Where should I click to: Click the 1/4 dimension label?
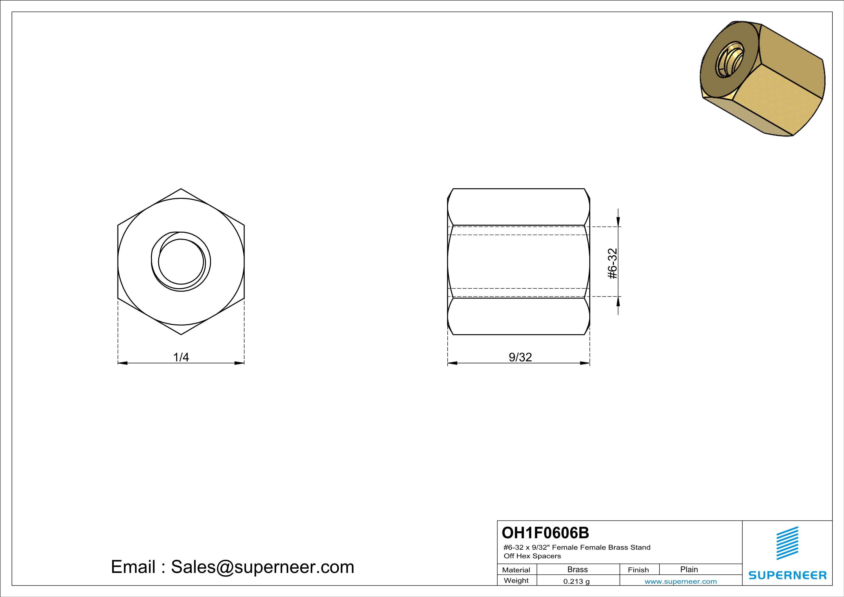click(x=181, y=357)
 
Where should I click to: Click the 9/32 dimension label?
click(x=520, y=357)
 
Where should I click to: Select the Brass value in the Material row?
click(x=578, y=569)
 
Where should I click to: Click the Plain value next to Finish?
click(x=689, y=569)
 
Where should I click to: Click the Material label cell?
click(x=516, y=570)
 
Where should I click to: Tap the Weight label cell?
click(x=516, y=580)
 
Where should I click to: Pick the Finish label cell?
click(x=638, y=570)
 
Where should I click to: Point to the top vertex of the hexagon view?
click(x=181, y=189)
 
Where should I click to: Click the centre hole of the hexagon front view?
click(x=181, y=262)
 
